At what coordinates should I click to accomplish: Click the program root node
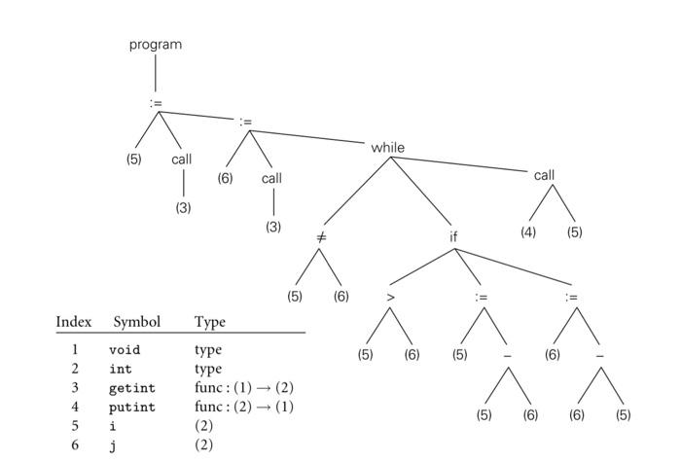156,44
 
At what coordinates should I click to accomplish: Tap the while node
387,148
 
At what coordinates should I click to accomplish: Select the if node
453,236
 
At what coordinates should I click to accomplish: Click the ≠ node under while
321,236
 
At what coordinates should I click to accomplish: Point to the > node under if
390,297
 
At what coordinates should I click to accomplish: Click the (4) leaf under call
527,232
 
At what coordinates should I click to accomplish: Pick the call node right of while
544,175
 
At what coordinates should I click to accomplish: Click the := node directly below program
156,101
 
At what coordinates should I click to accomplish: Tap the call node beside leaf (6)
271,178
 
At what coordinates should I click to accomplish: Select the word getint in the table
131,388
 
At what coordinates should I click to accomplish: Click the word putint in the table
131,408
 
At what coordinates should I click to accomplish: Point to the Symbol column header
137,322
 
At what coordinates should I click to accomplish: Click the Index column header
73,322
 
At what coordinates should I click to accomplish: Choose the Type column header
209,322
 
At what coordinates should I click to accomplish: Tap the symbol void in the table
125,350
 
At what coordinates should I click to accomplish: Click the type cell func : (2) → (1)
243,408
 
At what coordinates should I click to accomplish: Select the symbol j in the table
112,445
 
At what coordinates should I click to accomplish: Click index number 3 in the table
74,388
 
